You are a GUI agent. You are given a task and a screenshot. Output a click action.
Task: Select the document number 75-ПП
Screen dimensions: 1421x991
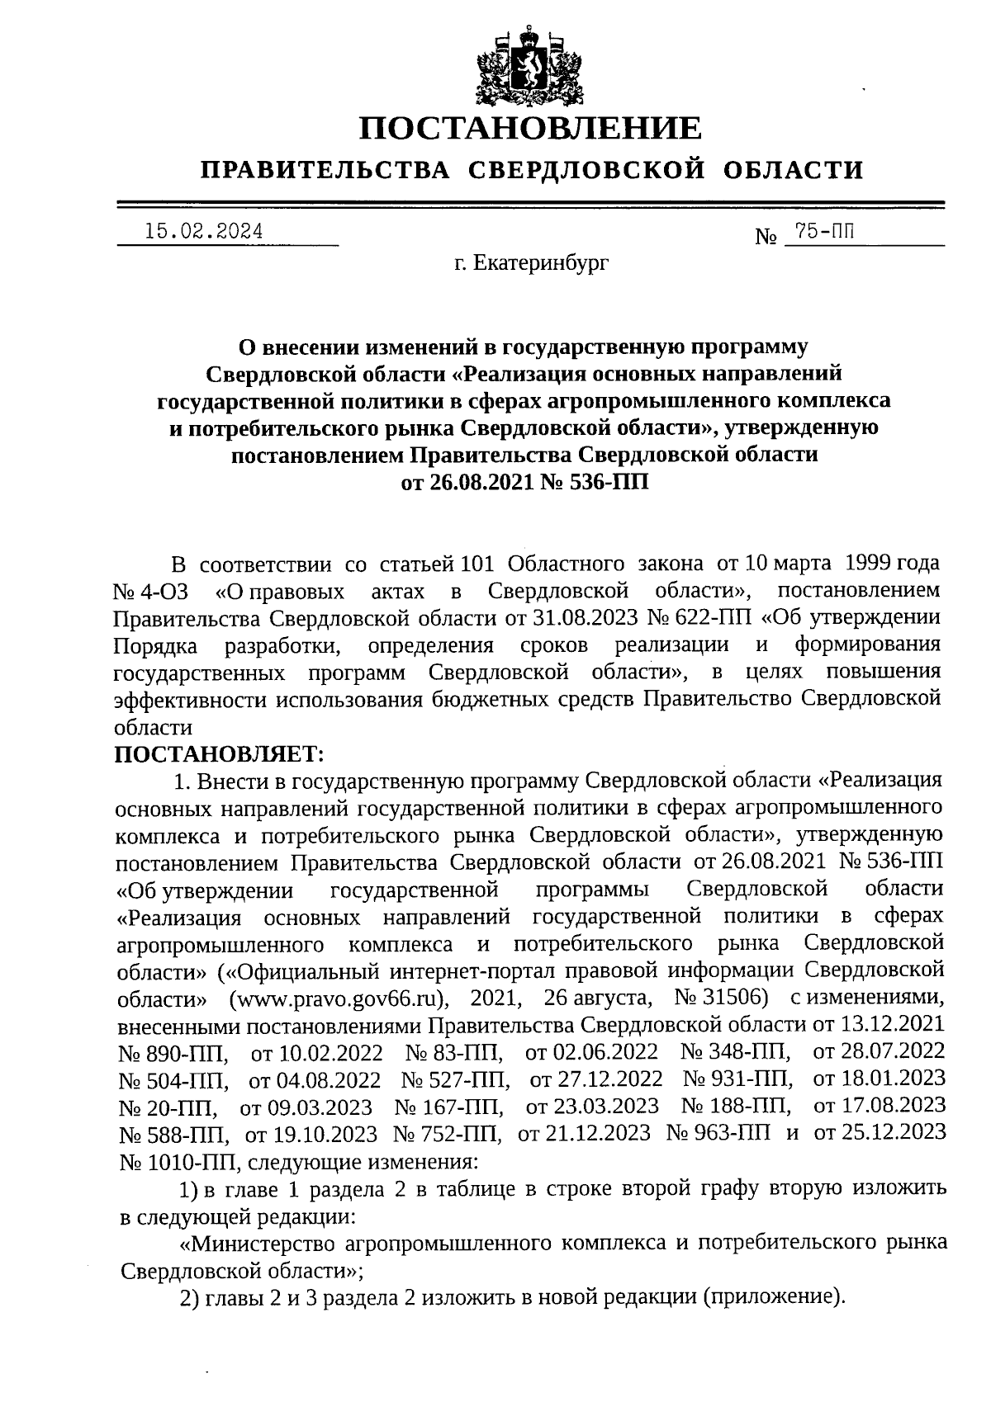tap(820, 232)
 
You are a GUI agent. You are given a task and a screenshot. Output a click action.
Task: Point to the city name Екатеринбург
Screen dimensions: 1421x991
tap(531, 264)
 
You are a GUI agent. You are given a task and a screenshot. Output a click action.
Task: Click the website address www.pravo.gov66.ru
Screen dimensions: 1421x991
tap(338, 997)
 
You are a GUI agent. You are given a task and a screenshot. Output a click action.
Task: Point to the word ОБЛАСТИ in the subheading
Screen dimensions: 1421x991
tap(794, 170)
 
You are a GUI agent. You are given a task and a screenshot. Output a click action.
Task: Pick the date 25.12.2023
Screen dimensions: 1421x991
tap(880, 1132)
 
